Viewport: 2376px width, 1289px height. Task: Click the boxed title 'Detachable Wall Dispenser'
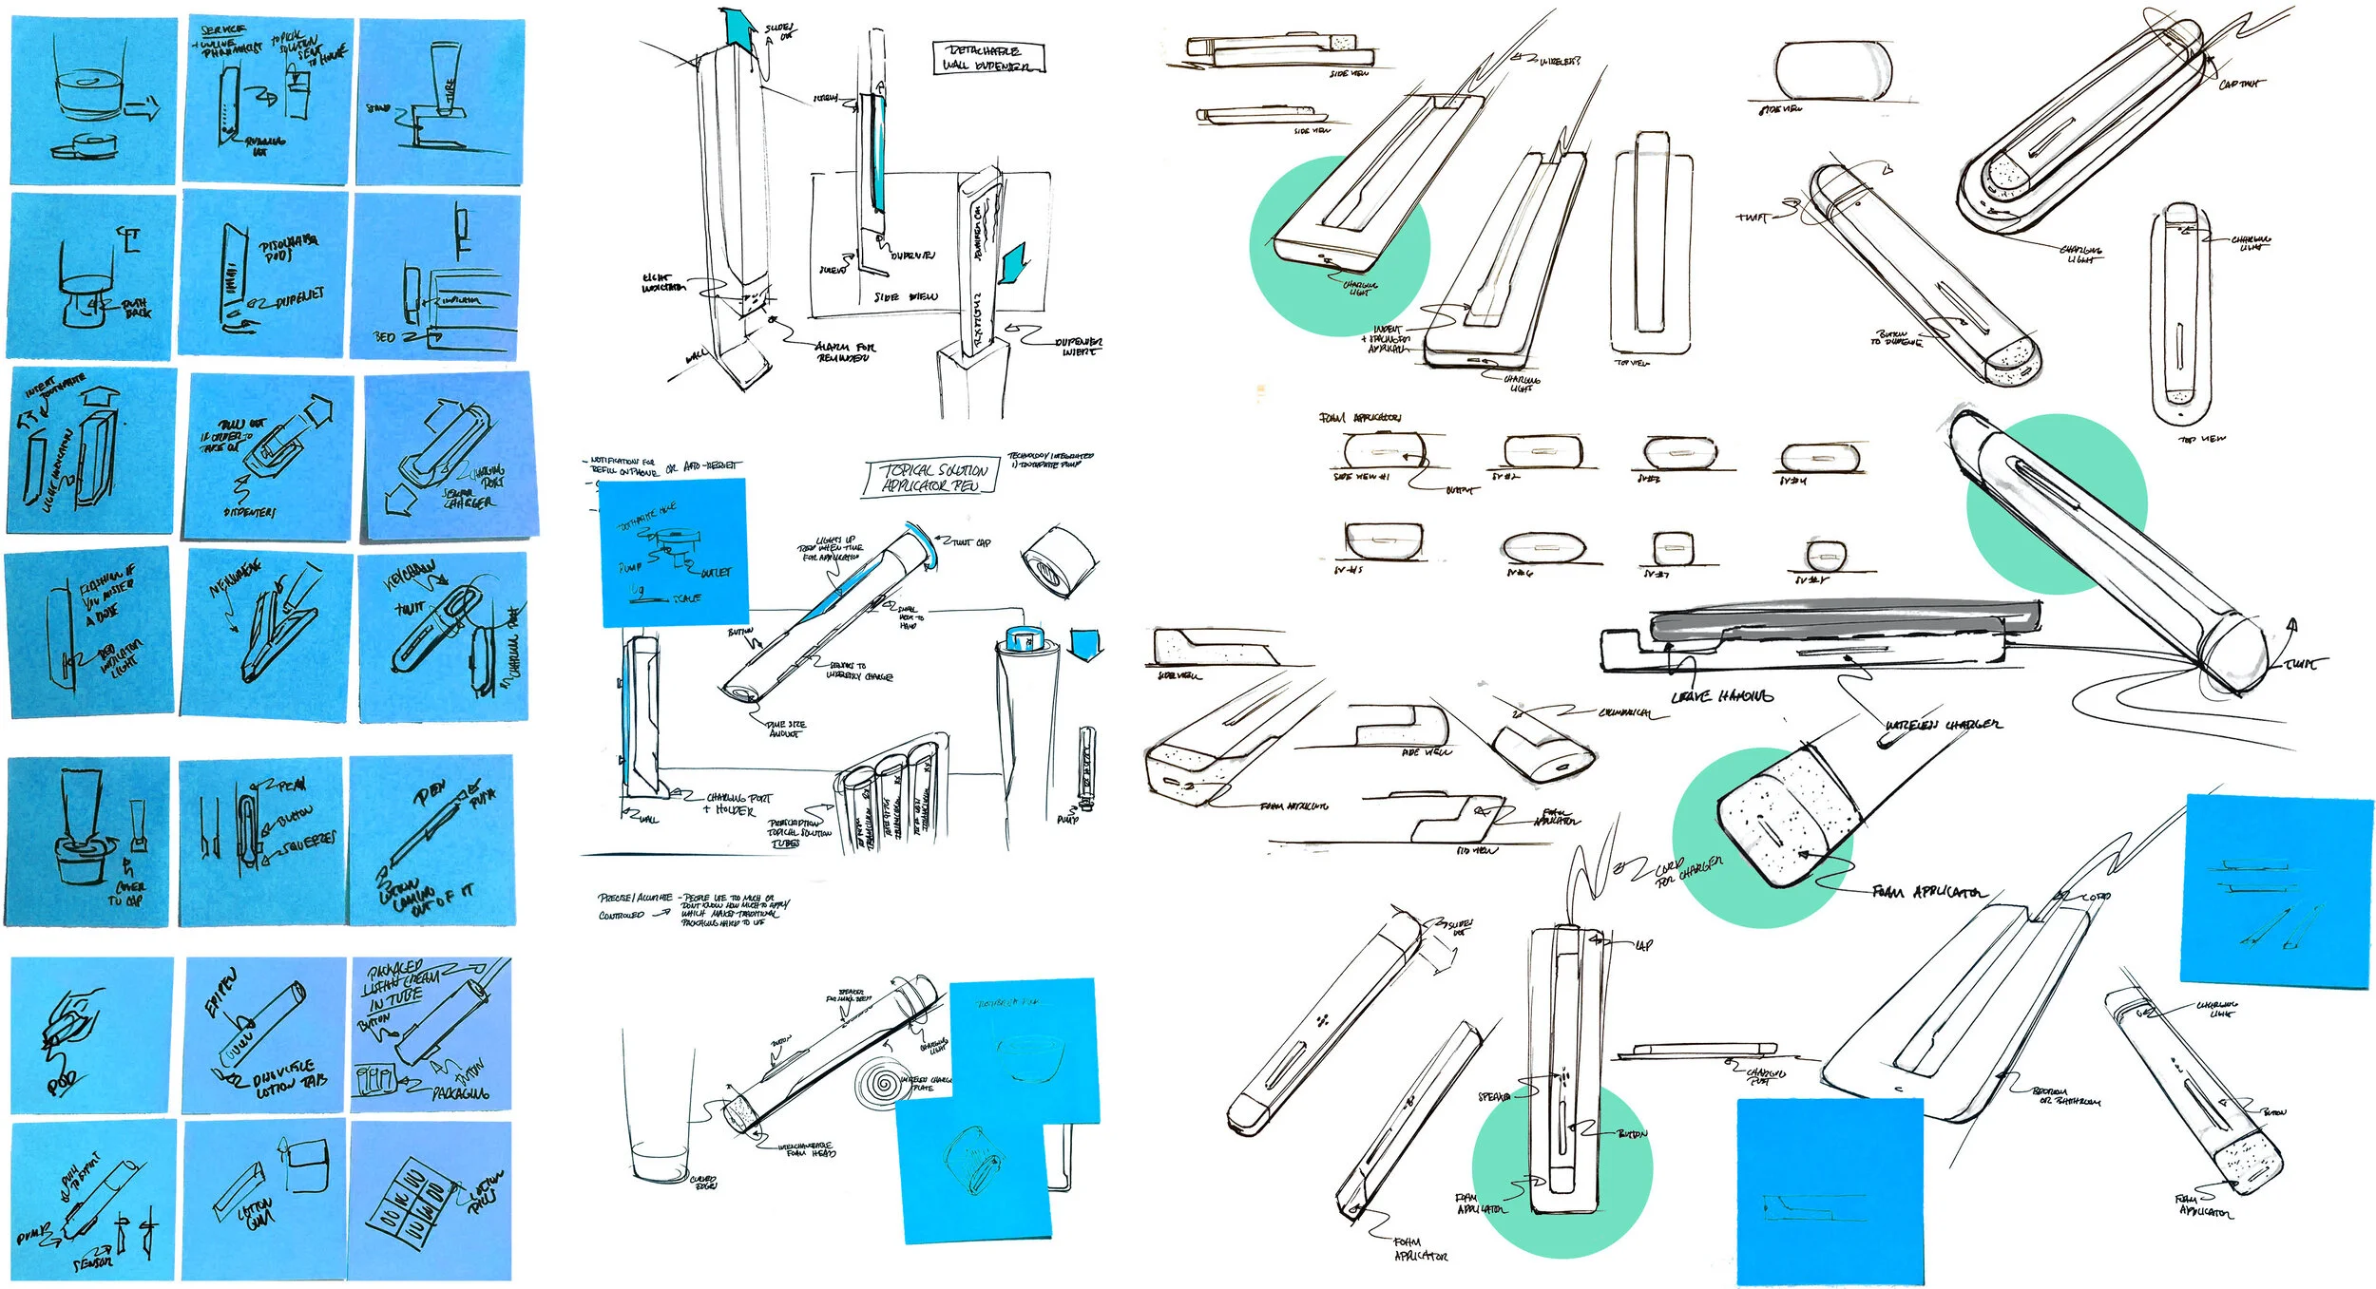pyautogui.click(x=987, y=57)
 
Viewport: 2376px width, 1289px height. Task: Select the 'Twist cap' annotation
pyautogui.click(x=970, y=542)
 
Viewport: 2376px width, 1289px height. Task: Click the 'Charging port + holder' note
pyautogui.click(x=737, y=804)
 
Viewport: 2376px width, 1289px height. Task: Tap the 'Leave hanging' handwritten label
pyautogui.click(x=1721, y=696)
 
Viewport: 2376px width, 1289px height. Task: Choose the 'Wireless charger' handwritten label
pyautogui.click(x=1943, y=725)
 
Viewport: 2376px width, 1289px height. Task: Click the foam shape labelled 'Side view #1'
pyautogui.click(x=1384, y=450)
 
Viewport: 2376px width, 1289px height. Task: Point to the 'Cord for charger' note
pyautogui.click(x=1687, y=871)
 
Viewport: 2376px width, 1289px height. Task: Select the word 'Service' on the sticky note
pyautogui.click(x=222, y=31)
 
